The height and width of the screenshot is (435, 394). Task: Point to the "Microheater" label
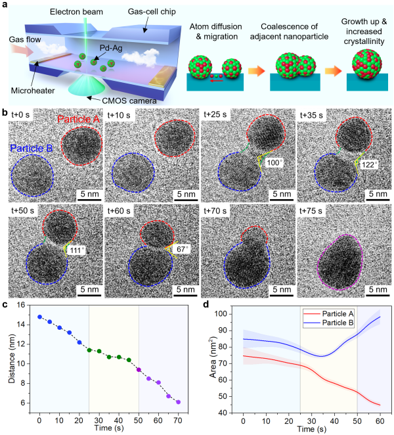(32, 88)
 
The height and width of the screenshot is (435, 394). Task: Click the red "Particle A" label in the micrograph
(79, 120)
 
